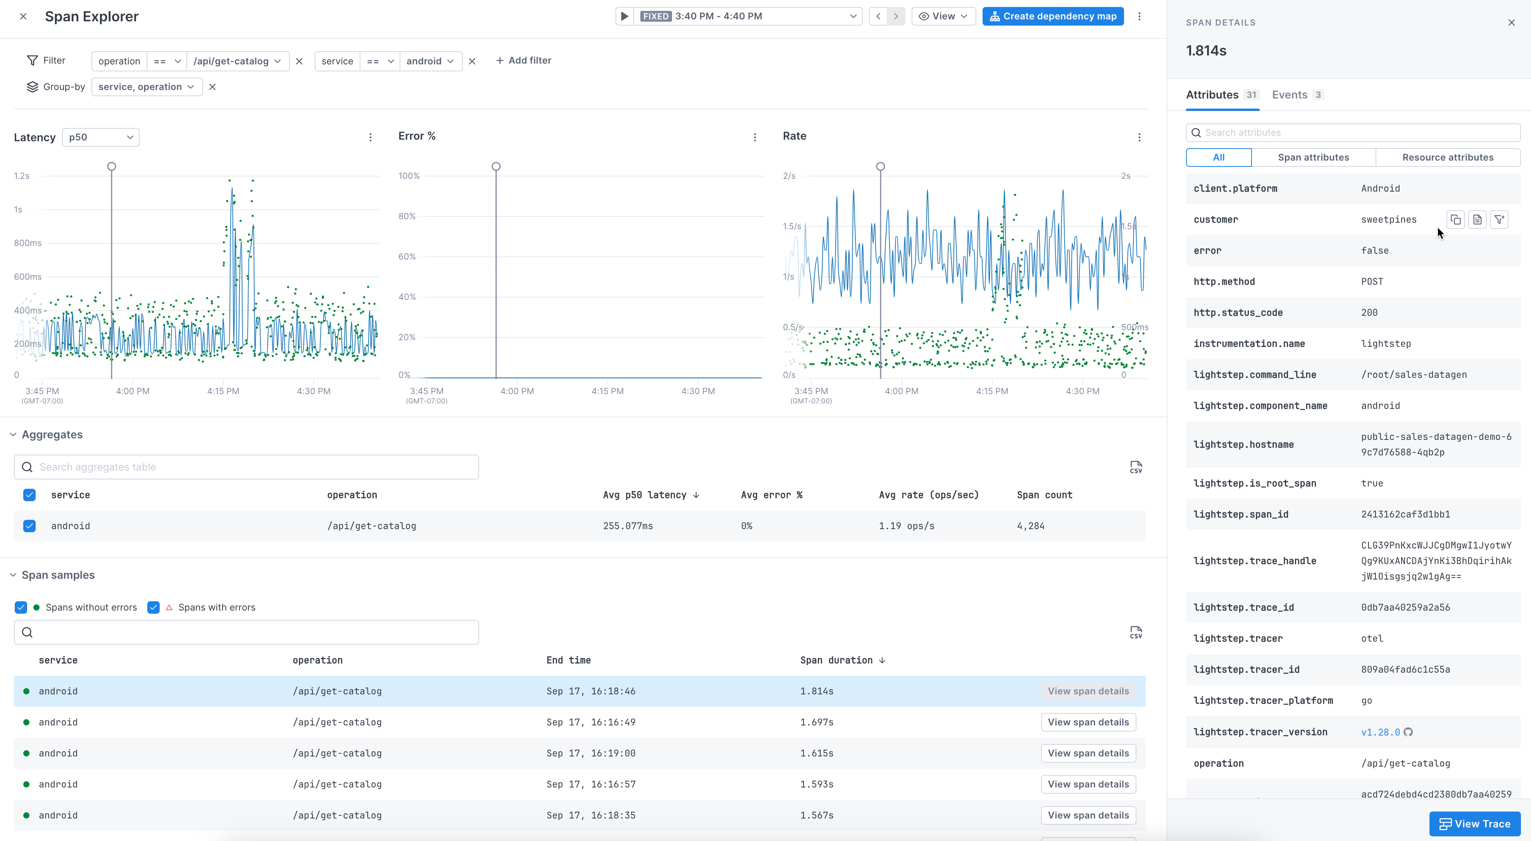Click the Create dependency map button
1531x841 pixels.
(1053, 16)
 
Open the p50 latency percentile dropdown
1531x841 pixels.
(100, 137)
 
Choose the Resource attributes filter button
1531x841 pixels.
(1447, 157)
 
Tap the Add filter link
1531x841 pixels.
(524, 61)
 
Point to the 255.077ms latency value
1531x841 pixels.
(628, 526)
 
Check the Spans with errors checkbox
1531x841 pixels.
(153, 607)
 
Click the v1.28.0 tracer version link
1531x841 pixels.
(1380, 732)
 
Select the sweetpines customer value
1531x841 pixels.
(1388, 220)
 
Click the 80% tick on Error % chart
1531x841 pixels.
(407, 216)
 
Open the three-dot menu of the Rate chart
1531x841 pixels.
(1139, 137)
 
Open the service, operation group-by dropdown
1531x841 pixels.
(146, 87)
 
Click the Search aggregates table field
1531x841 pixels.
(247, 467)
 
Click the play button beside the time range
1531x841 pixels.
(624, 16)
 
